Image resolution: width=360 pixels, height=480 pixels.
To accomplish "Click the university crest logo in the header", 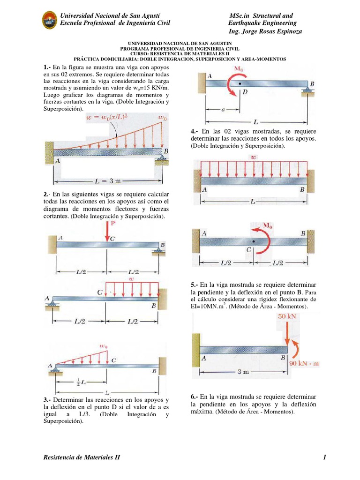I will click(49, 20).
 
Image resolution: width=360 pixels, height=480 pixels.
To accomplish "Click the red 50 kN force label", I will click(286, 316).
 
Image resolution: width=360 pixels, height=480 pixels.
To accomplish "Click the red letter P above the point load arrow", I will click(112, 225).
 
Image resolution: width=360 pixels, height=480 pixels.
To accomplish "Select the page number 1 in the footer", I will click(324, 457).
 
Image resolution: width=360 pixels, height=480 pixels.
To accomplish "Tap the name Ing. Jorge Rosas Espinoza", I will click(265, 31).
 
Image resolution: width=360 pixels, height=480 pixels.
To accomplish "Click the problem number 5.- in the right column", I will click(195, 285).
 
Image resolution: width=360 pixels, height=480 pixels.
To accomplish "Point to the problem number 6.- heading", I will click(195, 396).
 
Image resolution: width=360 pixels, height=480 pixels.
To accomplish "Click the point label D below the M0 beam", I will click(245, 93).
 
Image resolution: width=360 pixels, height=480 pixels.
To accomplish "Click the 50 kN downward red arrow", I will click(287, 333).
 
